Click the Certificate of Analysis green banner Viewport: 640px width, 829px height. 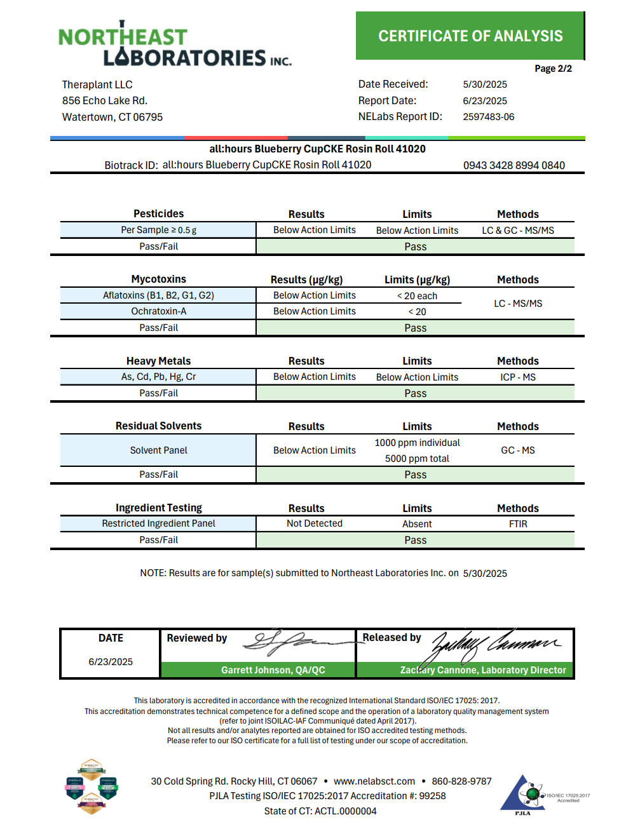click(470, 36)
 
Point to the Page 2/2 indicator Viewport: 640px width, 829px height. click(552, 69)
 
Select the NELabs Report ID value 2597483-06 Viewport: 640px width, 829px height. click(488, 117)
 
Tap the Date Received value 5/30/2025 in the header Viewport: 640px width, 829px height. click(484, 84)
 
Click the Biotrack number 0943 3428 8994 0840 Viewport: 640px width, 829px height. click(514, 165)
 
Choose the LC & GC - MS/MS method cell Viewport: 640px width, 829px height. click(517, 230)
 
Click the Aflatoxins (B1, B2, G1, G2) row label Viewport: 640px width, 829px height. click(158, 295)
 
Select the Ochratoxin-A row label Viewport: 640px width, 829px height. click(158, 311)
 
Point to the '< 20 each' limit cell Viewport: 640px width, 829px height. click(417, 296)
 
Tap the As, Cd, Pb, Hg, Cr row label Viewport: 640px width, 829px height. click(158, 377)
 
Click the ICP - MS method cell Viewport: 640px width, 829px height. click(517, 377)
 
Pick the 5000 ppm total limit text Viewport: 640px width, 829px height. click(417, 459)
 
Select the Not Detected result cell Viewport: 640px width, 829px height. click(314, 523)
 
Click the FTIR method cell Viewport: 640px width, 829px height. click(517, 524)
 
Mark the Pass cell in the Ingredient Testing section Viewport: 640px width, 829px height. click(415, 540)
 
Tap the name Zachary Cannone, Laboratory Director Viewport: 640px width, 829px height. click(482, 670)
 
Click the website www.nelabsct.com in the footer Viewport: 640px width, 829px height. click(374, 781)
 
